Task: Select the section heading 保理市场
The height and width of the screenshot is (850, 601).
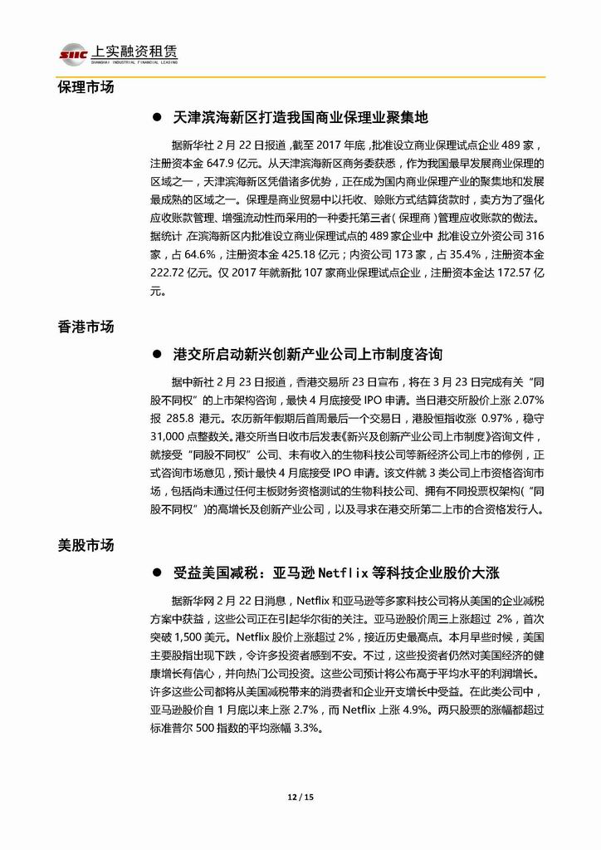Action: [x=86, y=87]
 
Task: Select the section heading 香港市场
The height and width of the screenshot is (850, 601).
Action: [x=86, y=327]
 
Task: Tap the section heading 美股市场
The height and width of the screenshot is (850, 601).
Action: [x=86, y=546]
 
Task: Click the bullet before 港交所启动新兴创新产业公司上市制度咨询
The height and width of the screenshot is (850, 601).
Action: [x=155, y=355]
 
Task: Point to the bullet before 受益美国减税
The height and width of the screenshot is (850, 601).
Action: [x=155, y=574]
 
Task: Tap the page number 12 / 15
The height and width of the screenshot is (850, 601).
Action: [x=300, y=797]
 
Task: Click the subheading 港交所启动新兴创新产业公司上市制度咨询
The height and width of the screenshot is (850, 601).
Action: [x=308, y=355]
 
